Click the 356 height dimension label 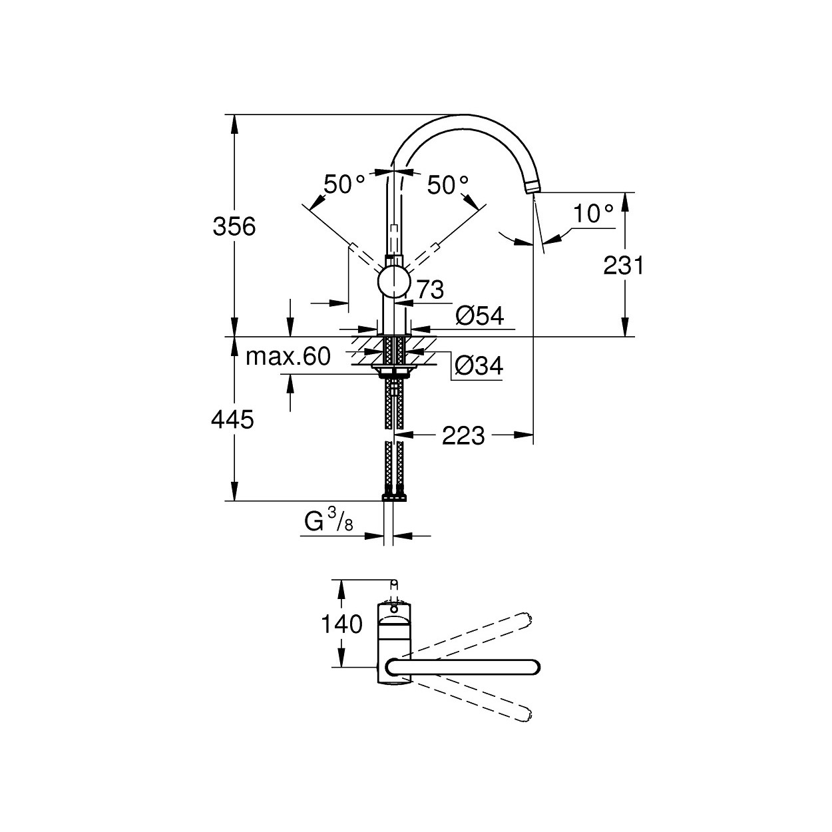coord(234,227)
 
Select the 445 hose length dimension coord(232,419)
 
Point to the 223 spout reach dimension coord(463,436)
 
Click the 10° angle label coord(593,214)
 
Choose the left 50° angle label coord(344,184)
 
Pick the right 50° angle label coord(448,185)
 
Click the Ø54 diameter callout coord(480,316)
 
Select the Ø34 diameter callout coord(479,367)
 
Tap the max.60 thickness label coord(288,357)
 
